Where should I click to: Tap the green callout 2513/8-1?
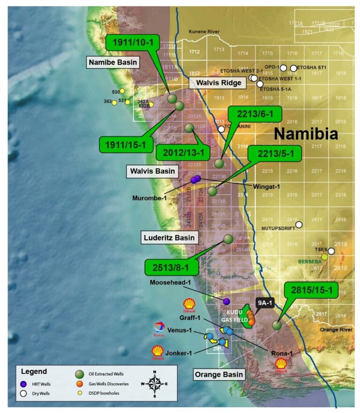point(172,268)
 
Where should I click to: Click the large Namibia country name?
point(306,134)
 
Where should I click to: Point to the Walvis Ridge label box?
point(218,83)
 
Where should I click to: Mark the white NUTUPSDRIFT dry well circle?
point(299,224)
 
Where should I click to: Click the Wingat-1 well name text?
point(266,186)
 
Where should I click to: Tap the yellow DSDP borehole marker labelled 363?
point(114,103)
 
